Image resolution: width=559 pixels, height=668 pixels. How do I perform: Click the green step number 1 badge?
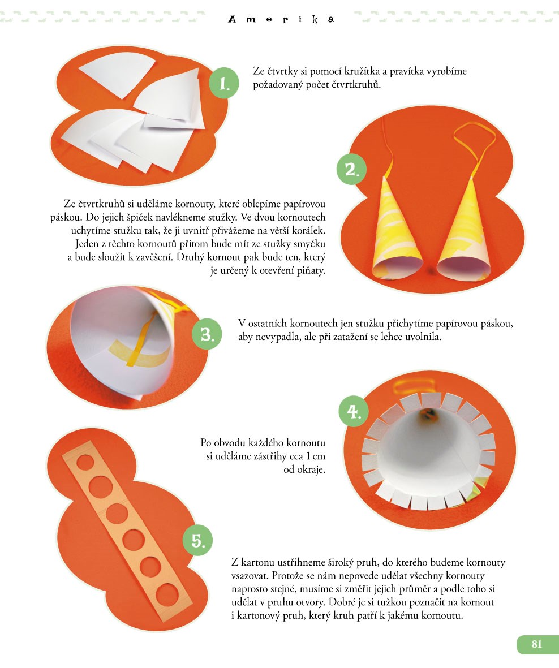[223, 83]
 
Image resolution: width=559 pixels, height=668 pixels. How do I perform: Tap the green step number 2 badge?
[351, 169]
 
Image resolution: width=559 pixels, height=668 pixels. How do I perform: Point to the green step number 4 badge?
[354, 412]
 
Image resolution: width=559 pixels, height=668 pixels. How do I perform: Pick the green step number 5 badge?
[197, 540]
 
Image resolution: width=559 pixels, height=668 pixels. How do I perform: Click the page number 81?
[537, 644]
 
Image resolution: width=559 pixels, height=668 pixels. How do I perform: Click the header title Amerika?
[281, 20]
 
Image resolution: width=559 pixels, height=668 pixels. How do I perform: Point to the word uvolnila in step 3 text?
[423, 337]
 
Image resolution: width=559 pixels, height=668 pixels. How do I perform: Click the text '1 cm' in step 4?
[316, 456]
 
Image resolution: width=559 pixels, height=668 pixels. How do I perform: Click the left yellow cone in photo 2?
[395, 230]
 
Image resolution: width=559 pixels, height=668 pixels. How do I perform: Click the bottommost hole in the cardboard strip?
[167, 596]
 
